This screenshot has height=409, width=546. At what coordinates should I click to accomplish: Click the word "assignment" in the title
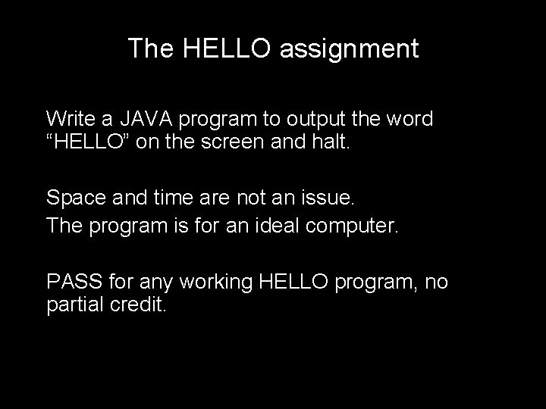coord(349,49)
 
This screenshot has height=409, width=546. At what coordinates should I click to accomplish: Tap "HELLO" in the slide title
coord(230,49)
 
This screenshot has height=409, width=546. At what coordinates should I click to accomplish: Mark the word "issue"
coord(326,199)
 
